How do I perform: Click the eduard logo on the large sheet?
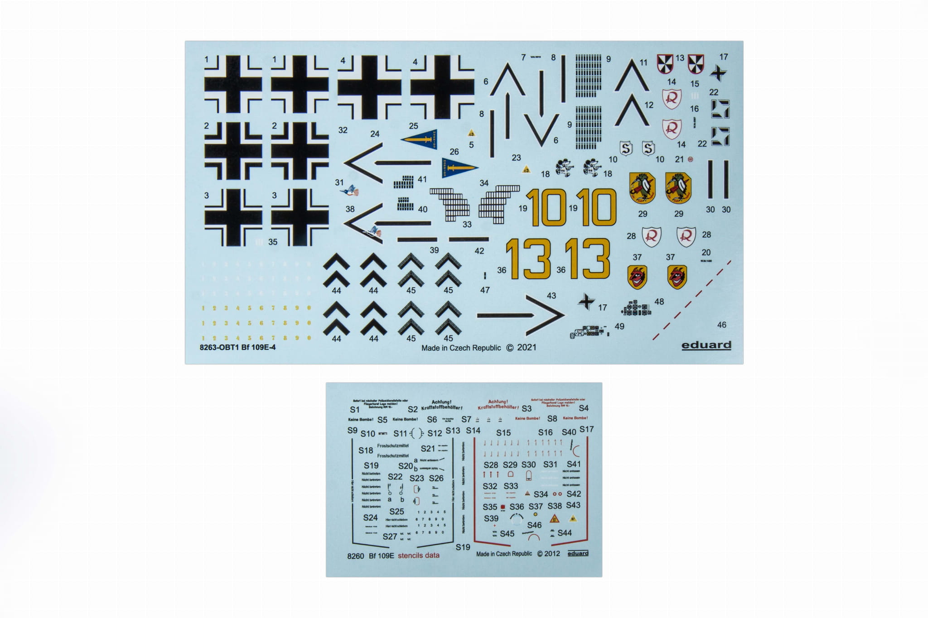pyautogui.click(x=706, y=345)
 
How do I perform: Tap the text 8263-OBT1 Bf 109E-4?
pyautogui.click(x=237, y=347)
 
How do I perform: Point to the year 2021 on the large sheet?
pyautogui.click(x=526, y=347)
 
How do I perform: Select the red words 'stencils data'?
pyautogui.click(x=418, y=555)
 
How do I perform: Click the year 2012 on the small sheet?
pyautogui.click(x=551, y=553)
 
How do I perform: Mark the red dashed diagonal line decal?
pyautogui.click(x=691, y=301)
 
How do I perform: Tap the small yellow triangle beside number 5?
pyautogui.click(x=471, y=134)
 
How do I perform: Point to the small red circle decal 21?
pyautogui.click(x=691, y=159)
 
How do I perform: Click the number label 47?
pyautogui.click(x=485, y=290)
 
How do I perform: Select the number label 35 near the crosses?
pyautogui.click(x=272, y=242)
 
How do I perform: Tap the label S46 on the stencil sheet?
pyautogui.click(x=534, y=525)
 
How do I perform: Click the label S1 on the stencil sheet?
pyautogui.click(x=354, y=409)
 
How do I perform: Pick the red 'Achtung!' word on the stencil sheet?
pyautogui.click(x=498, y=402)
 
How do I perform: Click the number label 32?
pyautogui.click(x=343, y=130)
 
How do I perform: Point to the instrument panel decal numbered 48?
pyautogui.click(x=637, y=309)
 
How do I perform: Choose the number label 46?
pyautogui.click(x=721, y=325)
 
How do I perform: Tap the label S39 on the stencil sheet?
pyautogui.click(x=491, y=518)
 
